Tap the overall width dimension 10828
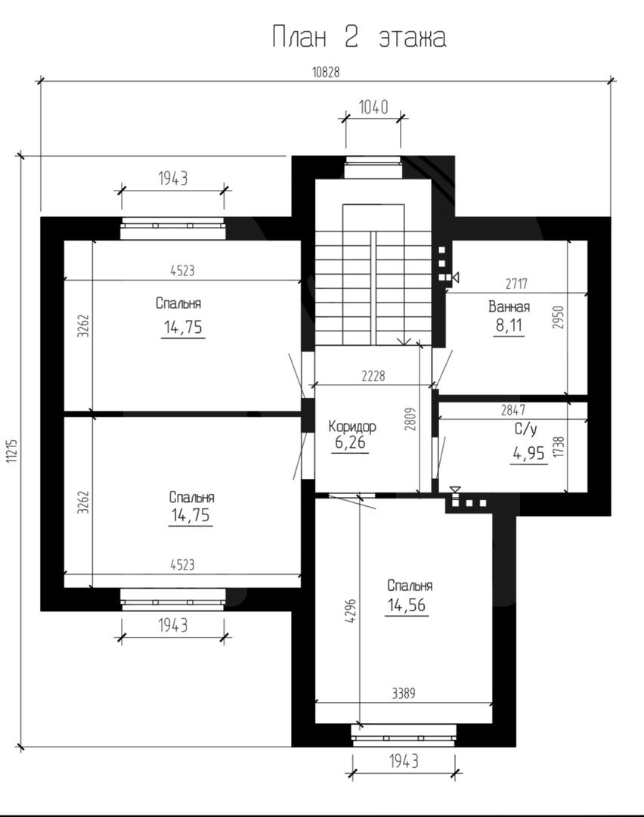(x=326, y=73)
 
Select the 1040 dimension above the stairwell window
(x=373, y=107)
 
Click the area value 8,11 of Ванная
(x=509, y=326)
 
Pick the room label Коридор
(x=352, y=427)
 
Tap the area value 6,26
(x=350, y=443)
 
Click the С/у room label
(x=526, y=430)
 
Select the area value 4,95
(x=529, y=453)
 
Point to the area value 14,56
(x=407, y=605)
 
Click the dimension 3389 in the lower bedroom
(x=404, y=694)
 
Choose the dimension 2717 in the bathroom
(x=516, y=284)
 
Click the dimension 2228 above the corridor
(x=373, y=376)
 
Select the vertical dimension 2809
(x=410, y=418)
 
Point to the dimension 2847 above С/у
(x=513, y=411)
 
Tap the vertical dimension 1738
(x=559, y=447)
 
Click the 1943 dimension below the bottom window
(x=404, y=762)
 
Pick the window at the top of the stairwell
(x=373, y=166)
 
